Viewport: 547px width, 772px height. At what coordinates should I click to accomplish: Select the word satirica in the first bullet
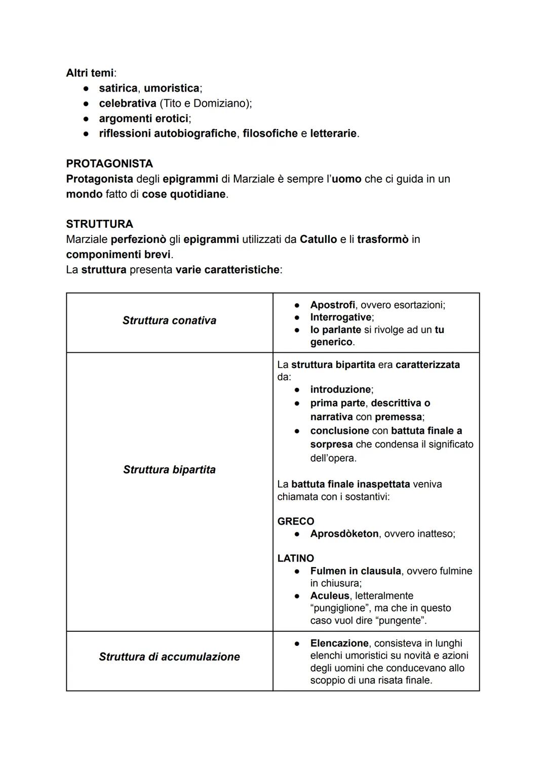pyautogui.click(x=118, y=88)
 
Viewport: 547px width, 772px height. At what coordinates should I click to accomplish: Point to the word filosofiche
pyautogui.click(x=270, y=134)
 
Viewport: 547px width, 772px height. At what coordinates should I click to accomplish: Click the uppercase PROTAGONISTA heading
pyautogui.click(x=109, y=164)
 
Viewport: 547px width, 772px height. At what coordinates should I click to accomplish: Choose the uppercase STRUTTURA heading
pyautogui.click(x=99, y=224)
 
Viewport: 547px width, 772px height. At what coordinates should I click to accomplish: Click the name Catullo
pyautogui.click(x=318, y=239)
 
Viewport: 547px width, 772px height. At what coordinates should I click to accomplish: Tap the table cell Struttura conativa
pyautogui.click(x=169, y=320)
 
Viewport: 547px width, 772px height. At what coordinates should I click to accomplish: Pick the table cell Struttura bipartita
pyautogui.click(x=169, y=469)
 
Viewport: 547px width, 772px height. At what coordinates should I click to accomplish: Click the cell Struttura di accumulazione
pyautogui.click(x=169, y=657)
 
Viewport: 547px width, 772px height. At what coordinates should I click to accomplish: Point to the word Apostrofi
pyautogui.click(x=332, y=305)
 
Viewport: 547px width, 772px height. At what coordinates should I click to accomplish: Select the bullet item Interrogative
pyautogui.click(x=340, y=317)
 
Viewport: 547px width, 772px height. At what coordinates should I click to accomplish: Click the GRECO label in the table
pyautogui.click(x=296, y=521)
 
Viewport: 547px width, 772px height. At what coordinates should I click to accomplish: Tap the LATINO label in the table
pyautogui.click(x=296, y=558)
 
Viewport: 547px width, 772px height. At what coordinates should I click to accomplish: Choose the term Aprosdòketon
pyautogui.click(x=344, y=534)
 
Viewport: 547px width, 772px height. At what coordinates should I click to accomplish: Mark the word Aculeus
pyautogui.click(x=330, y=595)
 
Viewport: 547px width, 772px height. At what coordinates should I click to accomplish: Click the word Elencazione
pyautogui.click(x=339, y=643)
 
